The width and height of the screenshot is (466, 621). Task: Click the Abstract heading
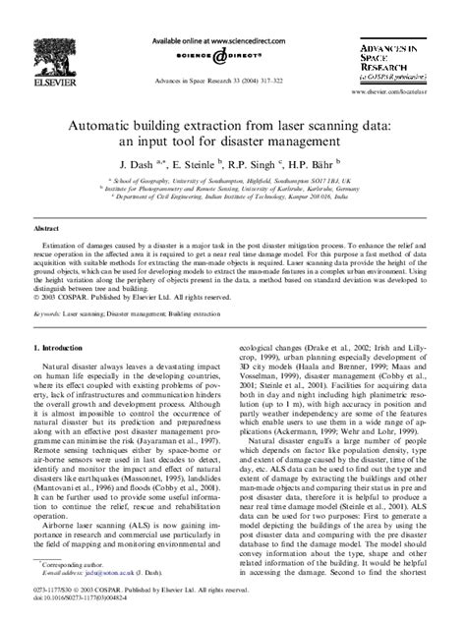tap(45, 226)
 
